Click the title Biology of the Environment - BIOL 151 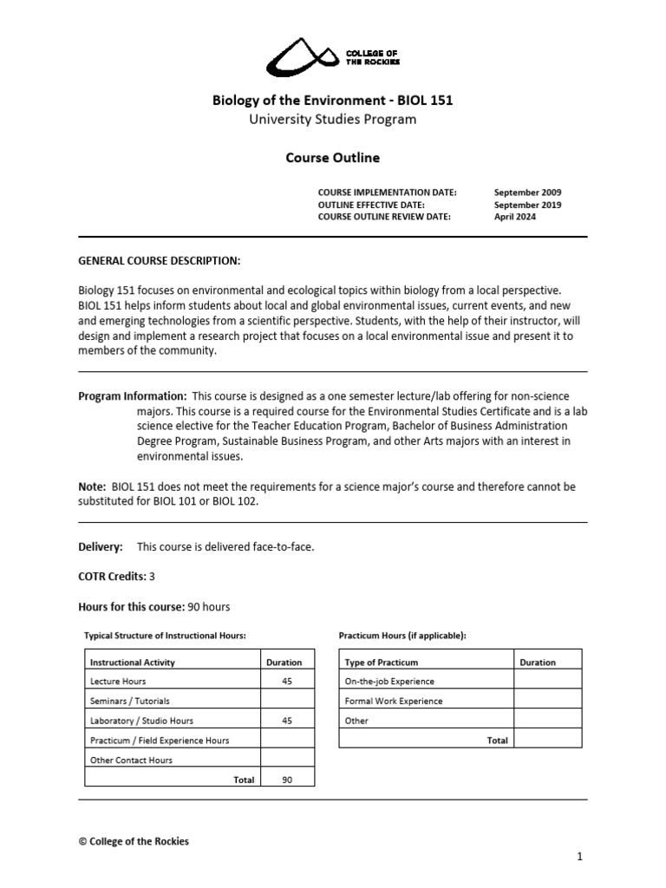coord(333,101)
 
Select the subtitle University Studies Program coord(333,120)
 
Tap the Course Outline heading coord(333,158)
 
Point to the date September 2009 coord(527,193)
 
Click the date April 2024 coord(515,217)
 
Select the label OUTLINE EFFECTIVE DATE coord(371,205)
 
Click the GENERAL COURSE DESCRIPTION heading coord(160,260)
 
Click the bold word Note coord(92,486)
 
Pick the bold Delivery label coord(101,546)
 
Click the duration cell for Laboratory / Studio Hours coord(287,721)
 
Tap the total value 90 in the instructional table coord(287,780)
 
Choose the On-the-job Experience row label coord(389,682)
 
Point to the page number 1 coord(580,857)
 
